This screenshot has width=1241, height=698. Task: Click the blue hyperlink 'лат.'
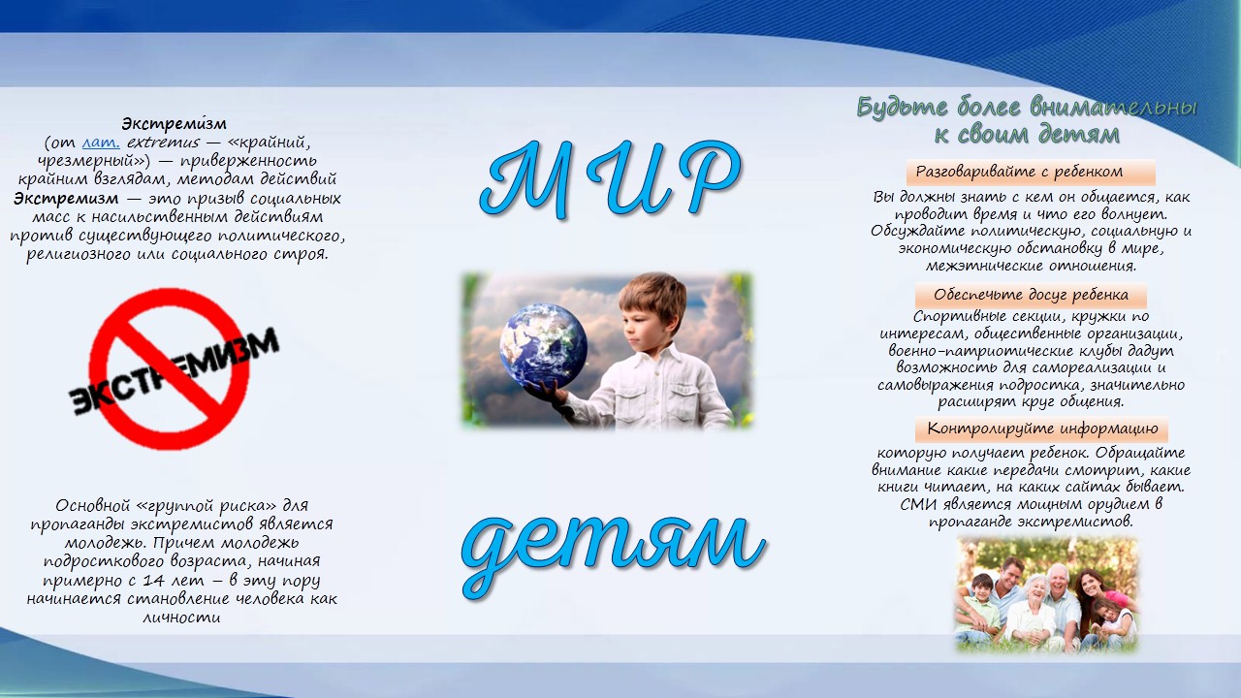coord(101,143)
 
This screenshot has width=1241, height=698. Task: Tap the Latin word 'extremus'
coord(163,143)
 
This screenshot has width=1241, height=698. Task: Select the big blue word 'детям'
coord(612,554)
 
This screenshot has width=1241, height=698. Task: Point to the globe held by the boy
coord(543,346)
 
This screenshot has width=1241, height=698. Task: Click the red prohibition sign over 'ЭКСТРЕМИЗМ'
coord(169,368)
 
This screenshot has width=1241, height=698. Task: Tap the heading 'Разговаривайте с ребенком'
coord(1019,172)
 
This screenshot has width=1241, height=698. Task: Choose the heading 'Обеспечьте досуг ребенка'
coord(1031,295)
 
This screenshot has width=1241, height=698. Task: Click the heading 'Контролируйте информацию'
coord(1042,428)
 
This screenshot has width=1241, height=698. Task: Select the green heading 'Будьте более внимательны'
coord(1027,108)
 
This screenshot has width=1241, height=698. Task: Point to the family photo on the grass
coord(1046,595)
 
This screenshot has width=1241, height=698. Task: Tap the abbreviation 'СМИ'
coord(918,505)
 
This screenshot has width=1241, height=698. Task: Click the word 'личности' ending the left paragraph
coord(181,618)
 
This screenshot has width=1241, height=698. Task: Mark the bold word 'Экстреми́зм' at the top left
coord(174,123)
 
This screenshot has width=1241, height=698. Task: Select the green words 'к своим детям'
coord(1027,135)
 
